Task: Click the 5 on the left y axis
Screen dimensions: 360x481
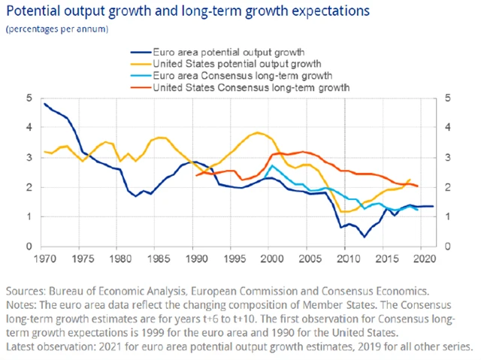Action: [29, 98]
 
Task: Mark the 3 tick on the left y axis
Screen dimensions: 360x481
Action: [29, 158]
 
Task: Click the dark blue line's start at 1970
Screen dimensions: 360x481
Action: [45, 104]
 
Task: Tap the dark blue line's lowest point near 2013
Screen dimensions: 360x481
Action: [365, 237]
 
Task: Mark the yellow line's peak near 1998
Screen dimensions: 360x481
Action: [258, 133]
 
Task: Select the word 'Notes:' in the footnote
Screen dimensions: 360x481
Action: [22, 304]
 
